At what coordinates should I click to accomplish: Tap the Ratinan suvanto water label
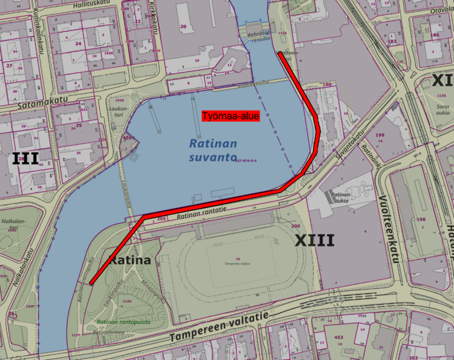point(213,150)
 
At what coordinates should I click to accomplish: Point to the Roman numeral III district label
point(25,158)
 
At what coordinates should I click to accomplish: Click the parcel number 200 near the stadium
point(296,226)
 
